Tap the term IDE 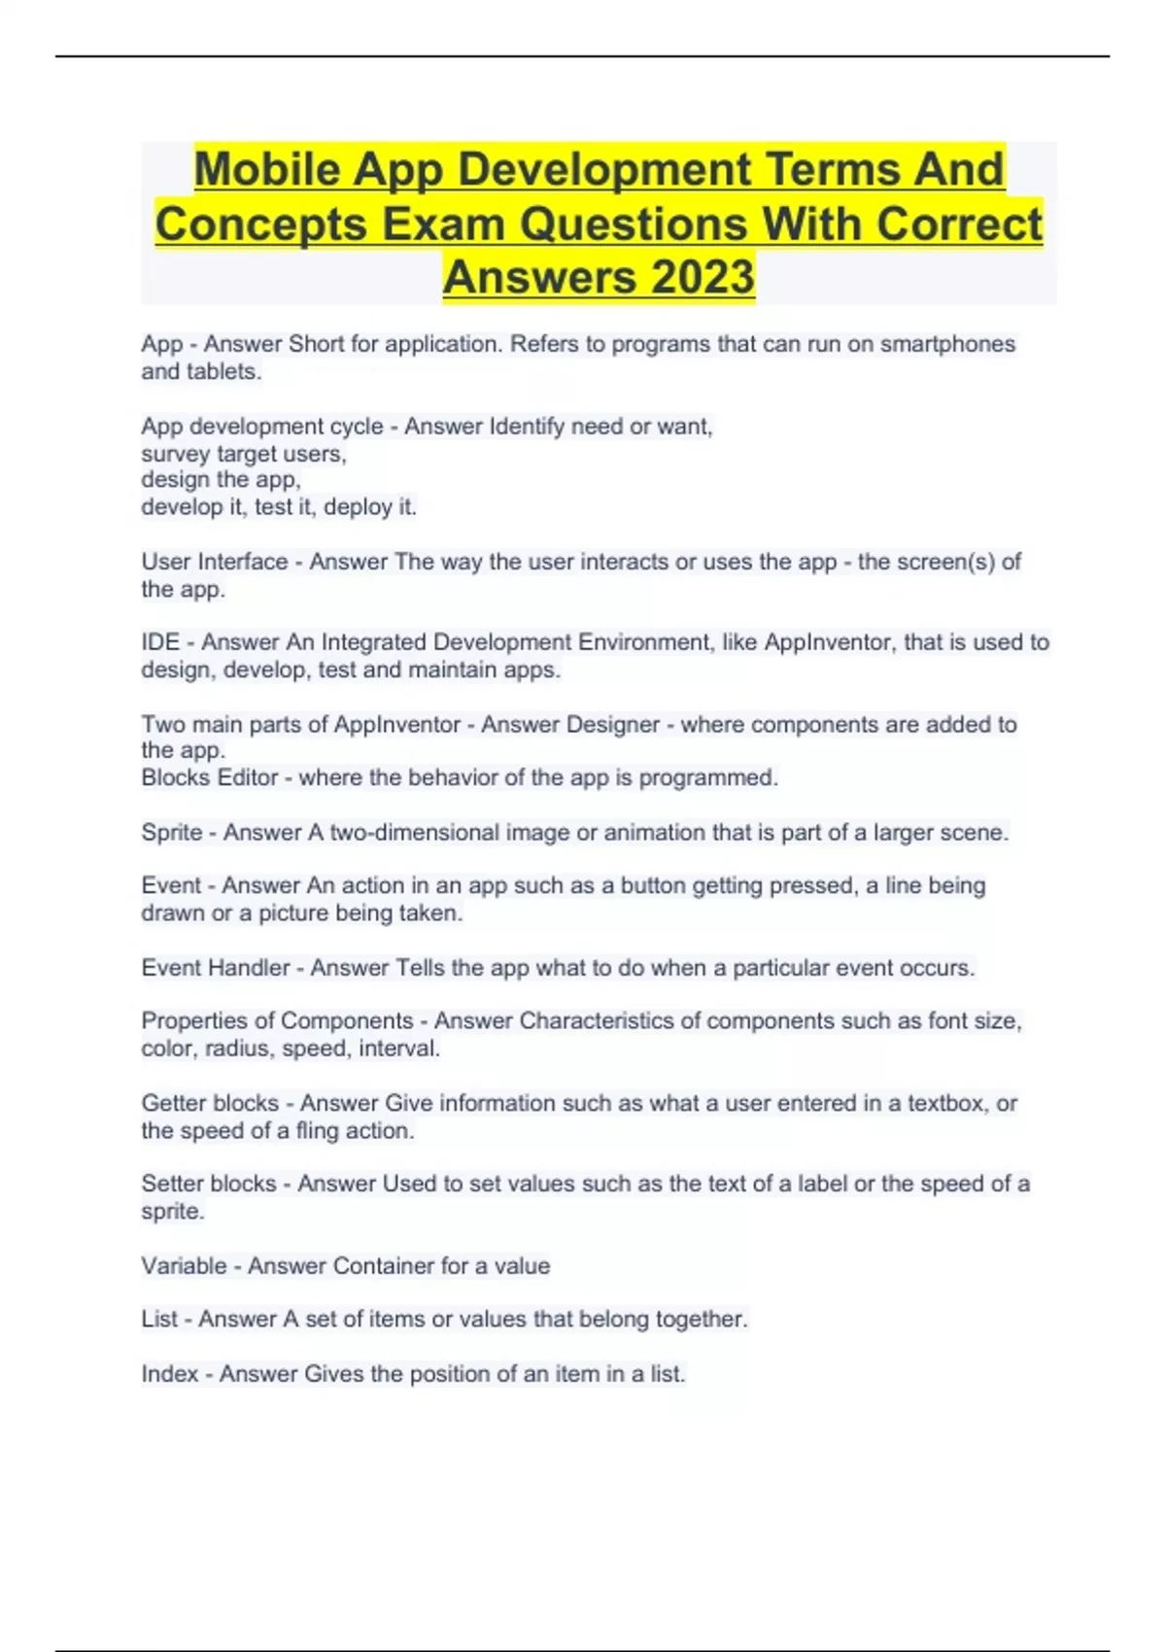[160, 642]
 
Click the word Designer [612, 725]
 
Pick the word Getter [173, 1103]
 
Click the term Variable [183, 1266]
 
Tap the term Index [169, 1374]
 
